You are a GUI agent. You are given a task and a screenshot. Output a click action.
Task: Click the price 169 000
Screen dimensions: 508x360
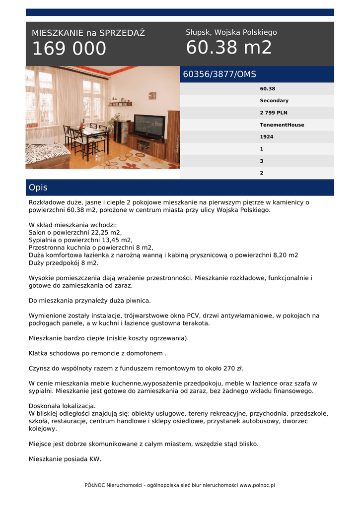[69, 49]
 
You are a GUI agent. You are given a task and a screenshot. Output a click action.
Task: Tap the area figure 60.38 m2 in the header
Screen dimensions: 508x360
[229, 48]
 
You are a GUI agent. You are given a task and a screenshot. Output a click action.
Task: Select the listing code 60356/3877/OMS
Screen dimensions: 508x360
[219, 74]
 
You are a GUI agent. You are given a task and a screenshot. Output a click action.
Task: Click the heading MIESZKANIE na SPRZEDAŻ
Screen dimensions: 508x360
[88, 33]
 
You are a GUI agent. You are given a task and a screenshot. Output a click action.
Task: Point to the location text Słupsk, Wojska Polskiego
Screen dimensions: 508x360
[231, 32]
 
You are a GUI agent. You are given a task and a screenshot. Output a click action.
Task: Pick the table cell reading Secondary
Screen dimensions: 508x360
[274, 101]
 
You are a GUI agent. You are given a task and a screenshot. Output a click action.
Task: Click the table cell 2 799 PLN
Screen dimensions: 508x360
[273, 113]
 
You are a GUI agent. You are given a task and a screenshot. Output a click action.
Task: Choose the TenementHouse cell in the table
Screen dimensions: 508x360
[282, 125]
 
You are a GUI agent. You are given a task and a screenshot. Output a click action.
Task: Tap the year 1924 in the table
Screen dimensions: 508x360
[266, 137]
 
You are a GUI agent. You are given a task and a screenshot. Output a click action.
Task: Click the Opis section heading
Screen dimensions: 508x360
[38, 188]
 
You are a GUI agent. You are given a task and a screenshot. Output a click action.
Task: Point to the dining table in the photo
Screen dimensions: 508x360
[89, 133]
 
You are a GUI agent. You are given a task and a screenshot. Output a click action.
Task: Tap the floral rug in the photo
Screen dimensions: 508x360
[134, 160]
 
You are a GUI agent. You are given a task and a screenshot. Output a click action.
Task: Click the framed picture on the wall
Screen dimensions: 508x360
[152, 95]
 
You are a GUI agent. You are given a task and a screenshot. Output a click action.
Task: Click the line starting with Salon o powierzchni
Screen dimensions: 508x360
[75, 232]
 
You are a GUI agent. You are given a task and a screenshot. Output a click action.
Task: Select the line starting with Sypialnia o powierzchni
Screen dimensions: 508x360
[80, 240]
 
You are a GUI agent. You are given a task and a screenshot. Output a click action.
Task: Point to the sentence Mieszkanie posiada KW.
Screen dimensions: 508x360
[65, 459]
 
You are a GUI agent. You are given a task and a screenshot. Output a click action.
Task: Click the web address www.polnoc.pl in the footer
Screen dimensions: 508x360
[257, 485]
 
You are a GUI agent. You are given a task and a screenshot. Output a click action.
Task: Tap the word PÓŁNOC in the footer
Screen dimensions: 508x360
[97, 485]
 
